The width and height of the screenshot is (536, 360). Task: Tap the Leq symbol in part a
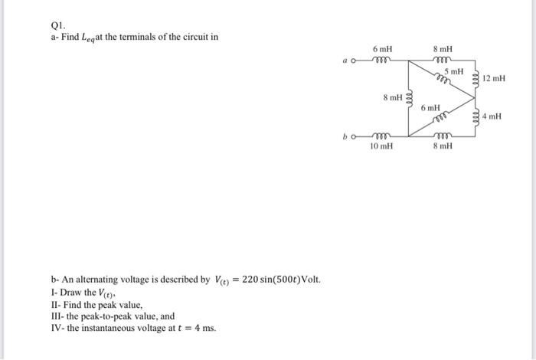(x=87, y=38)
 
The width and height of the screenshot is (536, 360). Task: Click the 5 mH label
(x=457, y=71)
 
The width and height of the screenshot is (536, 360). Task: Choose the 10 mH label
(x=381, y=146)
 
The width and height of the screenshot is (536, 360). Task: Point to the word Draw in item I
(x=70, y=293)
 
